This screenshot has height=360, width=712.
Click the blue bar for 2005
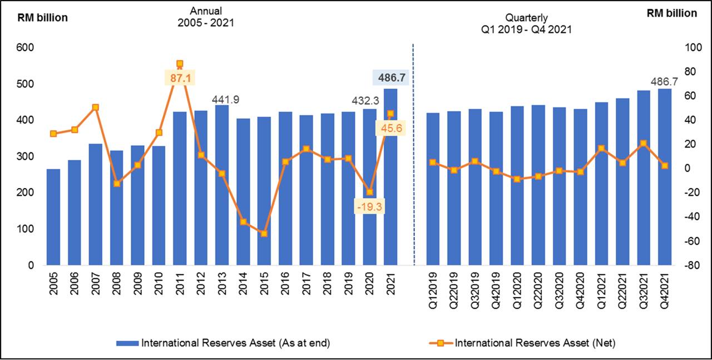pyautogui.click(x=53, y=217)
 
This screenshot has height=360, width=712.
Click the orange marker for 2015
pyautogui.click(x=264, y=234)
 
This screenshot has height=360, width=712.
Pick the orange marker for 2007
pyautogui.click(x=96, y=107)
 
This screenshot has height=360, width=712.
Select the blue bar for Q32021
pyautogui.click(x=644, y=178)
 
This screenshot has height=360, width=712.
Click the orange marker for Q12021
pyautogui.click(x=601, y=149)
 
